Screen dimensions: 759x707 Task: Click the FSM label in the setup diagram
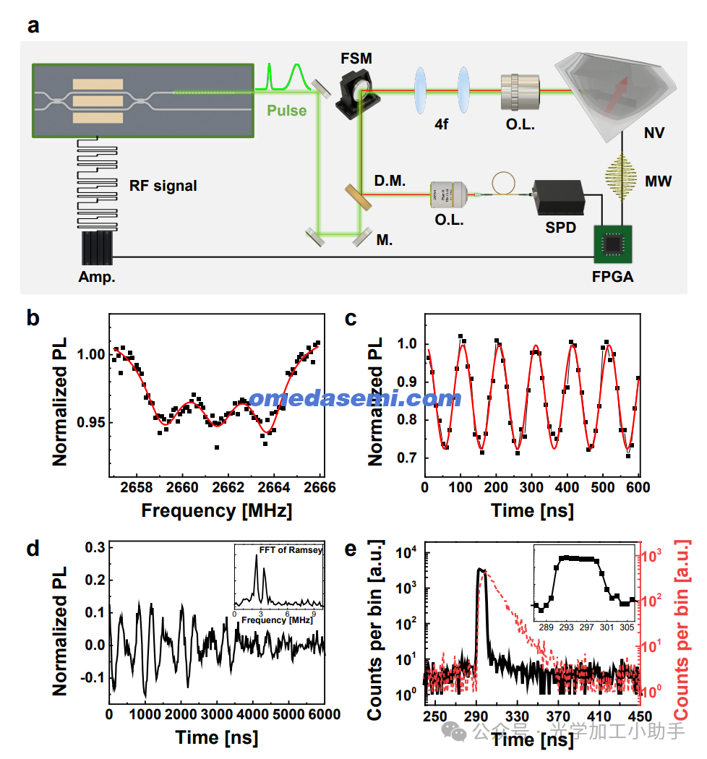pyautogui.click(x=358, y=58)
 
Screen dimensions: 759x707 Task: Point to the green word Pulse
pyautogui.click(x=286, y=111)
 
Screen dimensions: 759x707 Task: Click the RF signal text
pyautogui.click(x=163, y=186)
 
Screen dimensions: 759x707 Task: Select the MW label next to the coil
pyautogui.click(x=659, y=181)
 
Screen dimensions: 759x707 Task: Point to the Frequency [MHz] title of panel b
pyautogui.click(x=216, y=510)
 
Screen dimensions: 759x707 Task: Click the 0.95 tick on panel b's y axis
pyautogui.click(x=90, y=422)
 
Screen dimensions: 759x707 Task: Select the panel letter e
pyautogui.click(x=351, y=549)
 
